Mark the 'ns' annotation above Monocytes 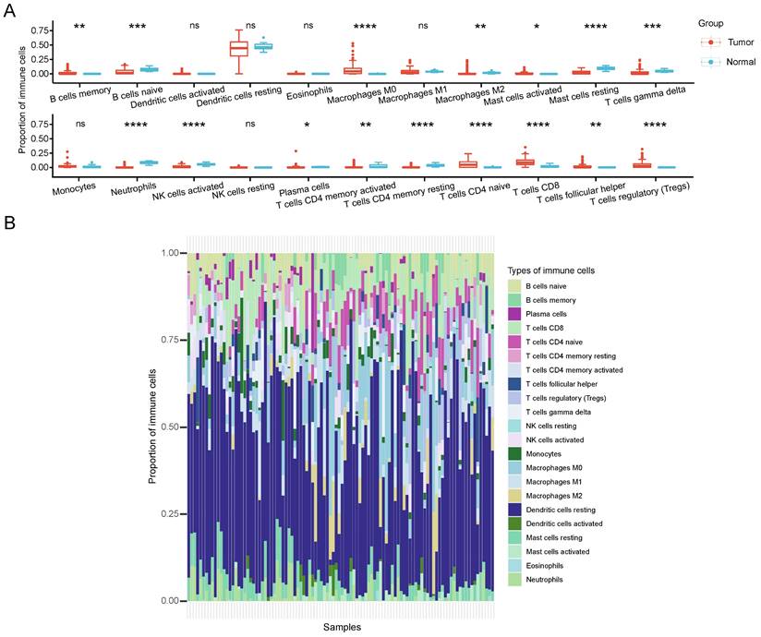[x=79, y=123]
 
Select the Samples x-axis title [x=342, y=627]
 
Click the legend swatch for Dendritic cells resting [x=514, y=510]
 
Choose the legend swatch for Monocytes [x=514, y=453]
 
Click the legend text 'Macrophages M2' [x=555, y=496]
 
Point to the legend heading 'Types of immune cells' [x=550, y=270]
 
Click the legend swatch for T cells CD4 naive [x=514, y=342]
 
